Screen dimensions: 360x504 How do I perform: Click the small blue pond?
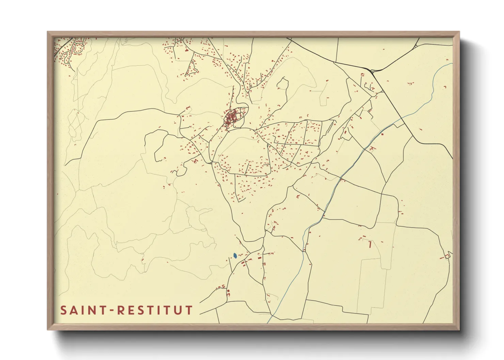point(235,255)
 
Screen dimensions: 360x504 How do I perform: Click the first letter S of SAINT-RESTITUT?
point(63,310)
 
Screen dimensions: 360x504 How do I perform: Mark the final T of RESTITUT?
point(189,310)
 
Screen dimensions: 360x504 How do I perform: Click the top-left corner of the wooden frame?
point(48,32)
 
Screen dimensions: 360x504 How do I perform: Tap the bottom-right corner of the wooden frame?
point(459,329)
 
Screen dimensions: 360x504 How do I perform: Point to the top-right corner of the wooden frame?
point(459,32)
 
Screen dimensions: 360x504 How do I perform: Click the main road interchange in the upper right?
point(372,71)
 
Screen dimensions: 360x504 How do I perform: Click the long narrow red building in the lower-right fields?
point(370,244)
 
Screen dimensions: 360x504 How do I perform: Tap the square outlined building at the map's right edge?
point(447,256)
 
